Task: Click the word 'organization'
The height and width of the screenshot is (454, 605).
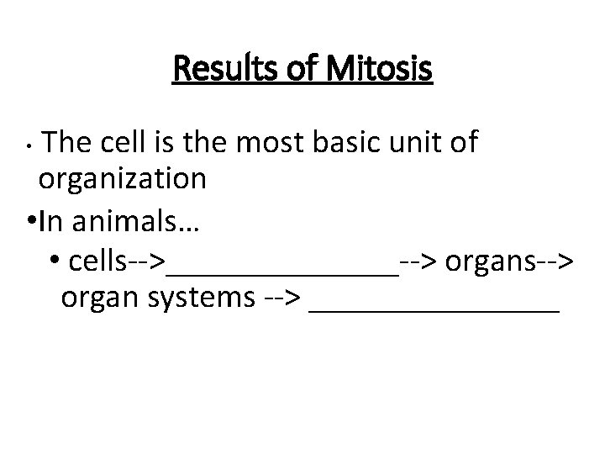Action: click(122, 178)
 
